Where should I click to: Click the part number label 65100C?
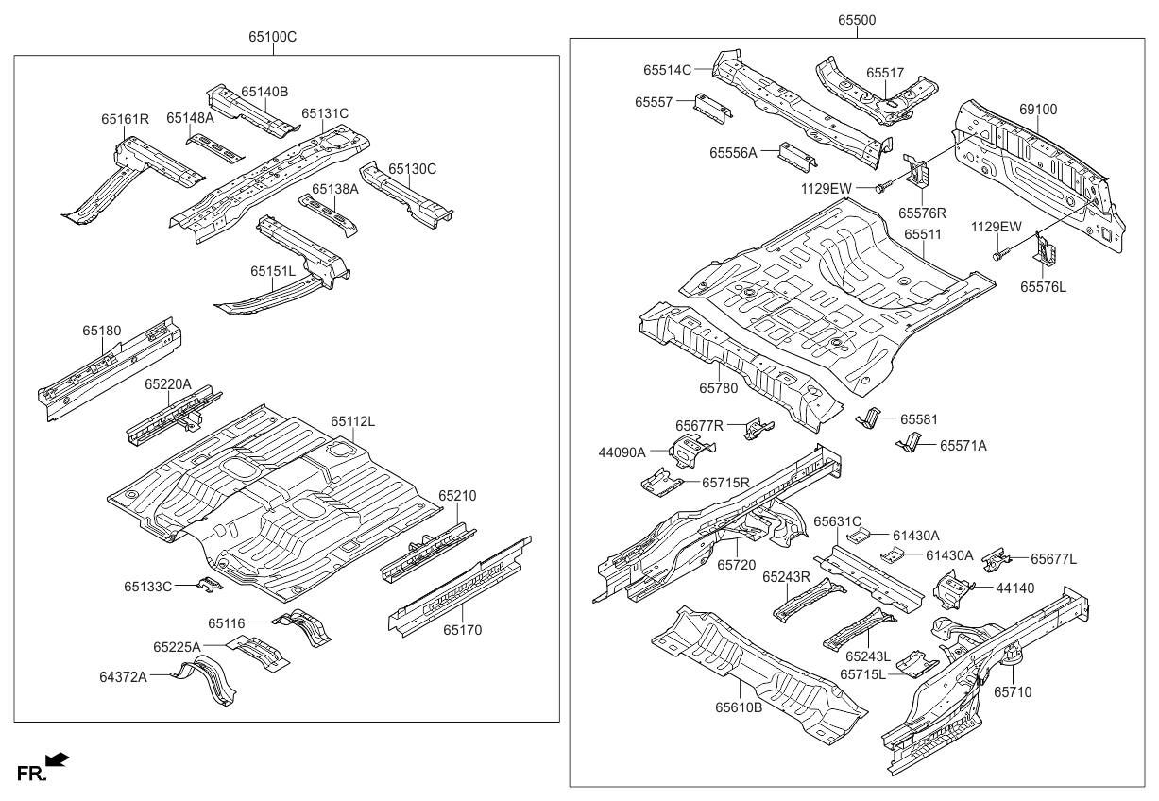pyautogui.click(x=273, y=37)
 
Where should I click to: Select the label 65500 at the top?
pyautogui.click(x=856, y=19)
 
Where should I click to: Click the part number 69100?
pyautogui.click(x=1038, y=110)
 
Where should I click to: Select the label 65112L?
pyautogui.click(x=352, y=420)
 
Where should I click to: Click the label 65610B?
pyautogui.click(x=738, y=707)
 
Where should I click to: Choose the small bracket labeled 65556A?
pyautogui.click(x=797, y=156)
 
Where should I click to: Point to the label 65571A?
pyautogui.click(x=963, y=446)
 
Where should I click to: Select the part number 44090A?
pyautogui.click(x=622, y=452)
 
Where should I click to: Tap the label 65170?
pyautogui.click(x=464, y=629)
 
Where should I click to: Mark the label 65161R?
pyautogui.click(x=126, y=119)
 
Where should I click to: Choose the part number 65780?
pyautogui.click(x=718, y=388)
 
